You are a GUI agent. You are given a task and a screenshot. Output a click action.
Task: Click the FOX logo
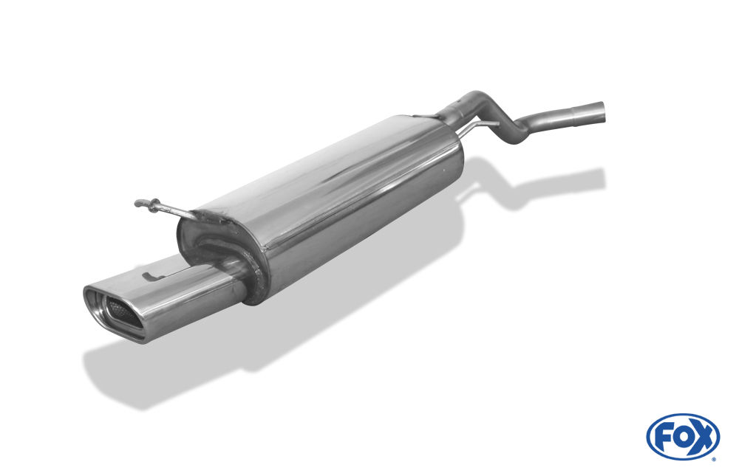683,436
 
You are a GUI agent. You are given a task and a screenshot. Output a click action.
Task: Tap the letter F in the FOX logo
664,438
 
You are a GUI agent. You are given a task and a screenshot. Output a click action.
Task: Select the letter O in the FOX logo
682,438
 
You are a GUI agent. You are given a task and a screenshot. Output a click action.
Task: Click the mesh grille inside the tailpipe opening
120,309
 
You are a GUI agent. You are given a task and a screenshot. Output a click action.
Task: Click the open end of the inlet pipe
602,111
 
